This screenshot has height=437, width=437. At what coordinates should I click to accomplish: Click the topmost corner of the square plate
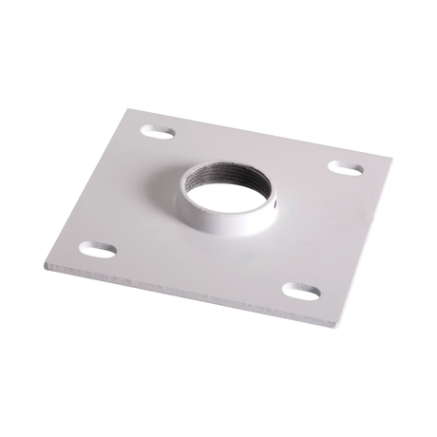[x=134, y=108]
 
